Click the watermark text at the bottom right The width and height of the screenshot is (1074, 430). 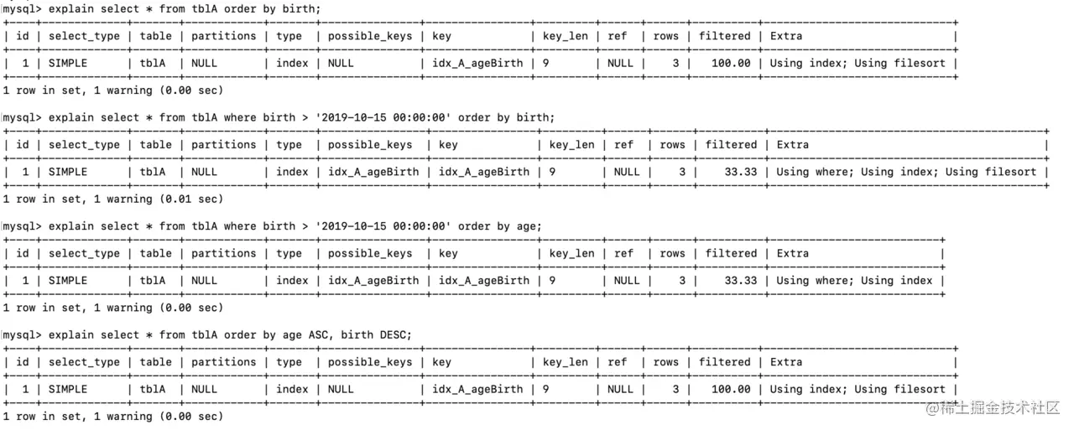pos(993,407)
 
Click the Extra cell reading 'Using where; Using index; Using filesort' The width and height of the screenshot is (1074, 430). pos(906,172)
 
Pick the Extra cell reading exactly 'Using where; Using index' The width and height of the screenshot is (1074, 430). pos(854,281)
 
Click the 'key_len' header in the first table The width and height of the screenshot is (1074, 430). pos(566,36)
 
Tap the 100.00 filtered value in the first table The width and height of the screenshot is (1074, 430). pos(731,63)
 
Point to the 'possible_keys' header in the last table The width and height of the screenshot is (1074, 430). pos(370,362)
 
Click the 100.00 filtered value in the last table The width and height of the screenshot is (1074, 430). pos(731,389)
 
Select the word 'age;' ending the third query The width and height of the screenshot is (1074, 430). pos(529,226)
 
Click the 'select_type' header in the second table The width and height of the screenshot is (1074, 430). pos(84,145)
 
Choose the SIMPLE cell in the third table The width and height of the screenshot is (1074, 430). pos(68,281)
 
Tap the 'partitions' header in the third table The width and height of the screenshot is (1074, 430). pos(223,253)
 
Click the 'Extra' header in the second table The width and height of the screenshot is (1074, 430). pos(792,145)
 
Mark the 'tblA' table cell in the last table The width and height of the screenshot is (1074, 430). pos(153,389)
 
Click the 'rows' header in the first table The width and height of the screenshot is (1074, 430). pos(666,36)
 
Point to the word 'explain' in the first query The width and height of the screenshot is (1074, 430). pos(71,9)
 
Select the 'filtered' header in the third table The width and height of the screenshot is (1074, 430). pos(731,253)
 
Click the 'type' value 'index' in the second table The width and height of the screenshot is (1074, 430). pos(292,172)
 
